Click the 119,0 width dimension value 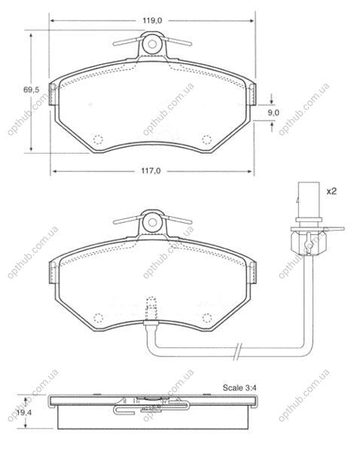click(152, 20)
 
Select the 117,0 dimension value click(151, 171)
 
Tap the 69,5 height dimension click(31, 90)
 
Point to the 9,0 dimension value click(273, 112)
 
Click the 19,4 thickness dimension click(24, 413)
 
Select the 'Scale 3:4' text click(239, 388)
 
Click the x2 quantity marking click(331, 191)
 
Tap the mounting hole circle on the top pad click(152, 44)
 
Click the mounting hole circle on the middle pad click(152, 222)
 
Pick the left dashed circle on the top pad click(99, 139)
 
